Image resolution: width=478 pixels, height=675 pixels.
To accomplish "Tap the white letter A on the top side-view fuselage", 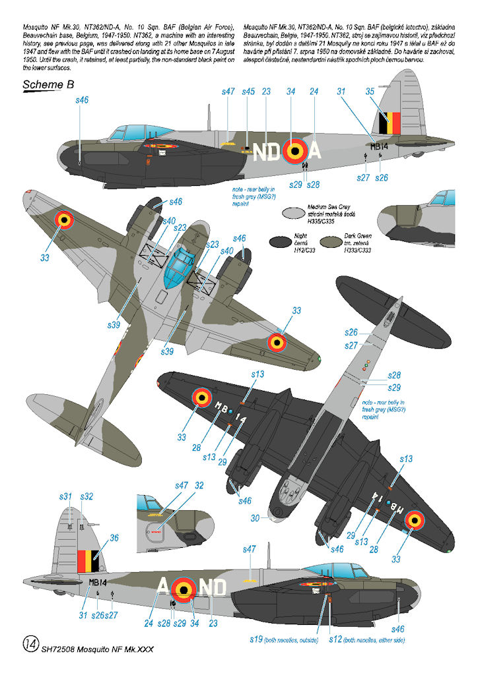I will [x=315, y=152].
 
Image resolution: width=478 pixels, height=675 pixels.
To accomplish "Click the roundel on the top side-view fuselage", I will [x=293, y=152].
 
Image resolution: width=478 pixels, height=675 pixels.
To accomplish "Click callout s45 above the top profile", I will [x=248, y=92].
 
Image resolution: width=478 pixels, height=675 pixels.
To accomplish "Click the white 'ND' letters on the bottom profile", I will [x=213, y=587].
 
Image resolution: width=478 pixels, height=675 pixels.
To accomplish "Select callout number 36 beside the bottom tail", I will [x=114, y=538].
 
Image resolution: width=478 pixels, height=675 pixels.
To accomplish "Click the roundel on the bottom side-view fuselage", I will [x=186, y=587].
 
